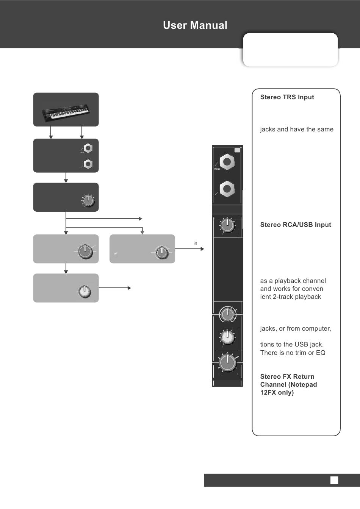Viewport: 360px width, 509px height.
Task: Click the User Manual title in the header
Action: pyautogui.click(x=195, y=25)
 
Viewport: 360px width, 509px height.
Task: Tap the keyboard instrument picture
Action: pyautogui.click(x=66, y=112)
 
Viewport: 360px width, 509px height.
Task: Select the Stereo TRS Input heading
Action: pyautogui.click(x=287, y=97)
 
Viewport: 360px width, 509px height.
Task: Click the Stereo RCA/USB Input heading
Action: pyautogui.click(x=296, y=225)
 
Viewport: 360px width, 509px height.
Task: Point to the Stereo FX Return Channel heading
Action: pyautogui.click(x=288, y=384)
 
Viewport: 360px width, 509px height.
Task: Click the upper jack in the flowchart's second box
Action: pyautogui.click(x=88, y=148)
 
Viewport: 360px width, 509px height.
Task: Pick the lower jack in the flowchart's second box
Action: pyautogui.click(x=88, y=164)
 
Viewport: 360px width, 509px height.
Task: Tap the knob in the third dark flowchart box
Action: pyautogui.click(x=88, y=200)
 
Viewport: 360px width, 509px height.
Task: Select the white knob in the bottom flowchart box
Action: pyautogui.click(x=85, y=291)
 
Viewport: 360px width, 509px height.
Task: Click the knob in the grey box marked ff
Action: pyautogui.click(x=162, y=252)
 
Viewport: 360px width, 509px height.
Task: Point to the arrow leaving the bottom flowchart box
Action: pyautogui.click(x=115, y=288)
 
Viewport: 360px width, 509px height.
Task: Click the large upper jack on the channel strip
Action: pyautogui.click(x=227, y=162)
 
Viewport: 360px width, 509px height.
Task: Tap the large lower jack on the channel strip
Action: pyautogui.click(x=227, y=189)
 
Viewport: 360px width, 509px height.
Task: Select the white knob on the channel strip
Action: pyautogui.click(x=227, y=337)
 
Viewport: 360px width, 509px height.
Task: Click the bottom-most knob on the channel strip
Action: pyautogui.click(x=227, y=362)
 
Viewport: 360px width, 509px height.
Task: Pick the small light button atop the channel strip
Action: pyautogui.click(x=237, y=150)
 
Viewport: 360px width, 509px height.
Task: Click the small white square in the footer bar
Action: pyautogui.click(x=334, y=480)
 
